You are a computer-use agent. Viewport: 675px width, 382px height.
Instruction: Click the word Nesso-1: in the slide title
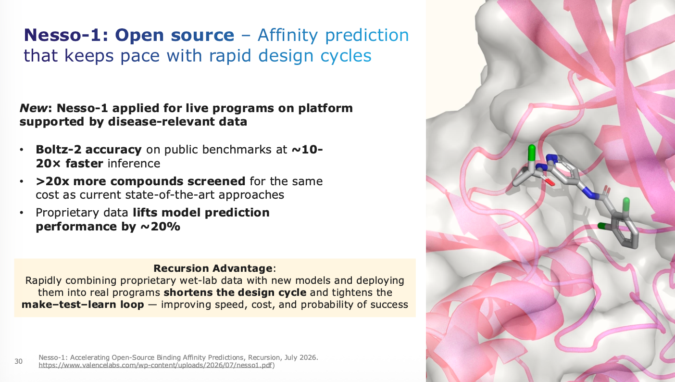[66, 35]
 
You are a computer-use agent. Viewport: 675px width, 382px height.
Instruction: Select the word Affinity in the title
[288, 35]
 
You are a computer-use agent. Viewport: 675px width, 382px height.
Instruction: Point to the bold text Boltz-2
[59, 150]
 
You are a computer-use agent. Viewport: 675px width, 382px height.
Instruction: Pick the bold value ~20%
[160, 227]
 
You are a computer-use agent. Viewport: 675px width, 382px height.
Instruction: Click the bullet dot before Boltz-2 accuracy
[22, 150]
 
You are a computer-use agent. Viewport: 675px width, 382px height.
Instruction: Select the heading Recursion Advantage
[213, 268]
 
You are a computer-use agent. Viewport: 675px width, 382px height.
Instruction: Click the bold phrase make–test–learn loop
[83, 305]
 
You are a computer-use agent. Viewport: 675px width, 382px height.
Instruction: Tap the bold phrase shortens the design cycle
[235, 293]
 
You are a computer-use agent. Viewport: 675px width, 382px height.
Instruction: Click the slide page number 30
[18, 361]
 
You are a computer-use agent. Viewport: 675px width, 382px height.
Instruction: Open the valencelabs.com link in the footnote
[155, 365]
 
